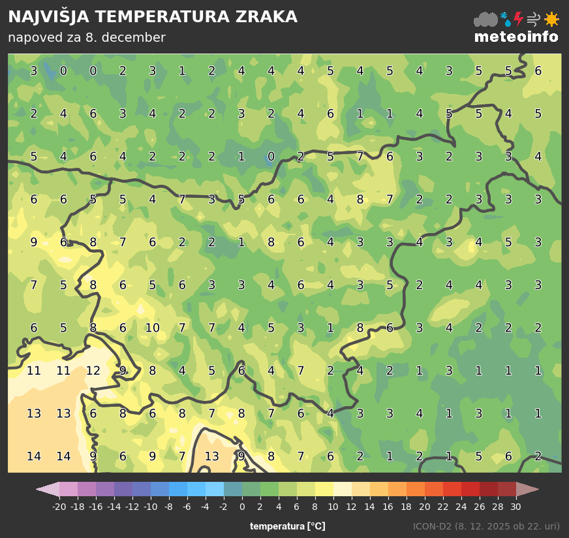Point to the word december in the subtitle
pos(135,38)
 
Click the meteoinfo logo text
pos(516,37)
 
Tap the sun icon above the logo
pos(551,19)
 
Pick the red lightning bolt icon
pos(519,19)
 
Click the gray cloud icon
pos(485,20)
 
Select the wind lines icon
pos(534,19)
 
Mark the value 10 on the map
pos(152,328)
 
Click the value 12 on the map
pos(93,371)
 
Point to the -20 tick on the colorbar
pos(59,506)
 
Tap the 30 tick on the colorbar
pos(515,506)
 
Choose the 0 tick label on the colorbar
pos(242,507)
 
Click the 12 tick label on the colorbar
pos(352,507)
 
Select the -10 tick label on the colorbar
pos(151,507)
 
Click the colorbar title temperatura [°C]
pos(287,526)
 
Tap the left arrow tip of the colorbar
pos(39,490)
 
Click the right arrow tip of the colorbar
pos(536,490)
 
